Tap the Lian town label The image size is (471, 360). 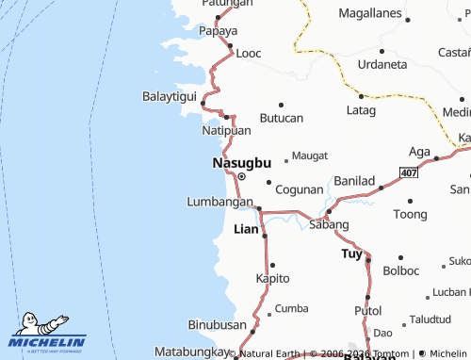pos(245,229)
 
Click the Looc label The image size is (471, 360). pos(249,54)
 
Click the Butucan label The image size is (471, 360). pos(282,118)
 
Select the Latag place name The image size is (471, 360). pos(361,111)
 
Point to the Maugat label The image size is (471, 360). pos(310,155)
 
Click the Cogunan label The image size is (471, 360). pos(299,189)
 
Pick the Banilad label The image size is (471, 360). pos(355,180)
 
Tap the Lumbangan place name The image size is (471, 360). pos(219,202)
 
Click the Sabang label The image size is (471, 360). pos(329,225)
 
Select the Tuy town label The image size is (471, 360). pos(351,254)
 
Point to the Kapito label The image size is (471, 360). pos(273,278)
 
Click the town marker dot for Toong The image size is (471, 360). pos(410,201)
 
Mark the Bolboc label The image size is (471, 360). pos(401,271)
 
